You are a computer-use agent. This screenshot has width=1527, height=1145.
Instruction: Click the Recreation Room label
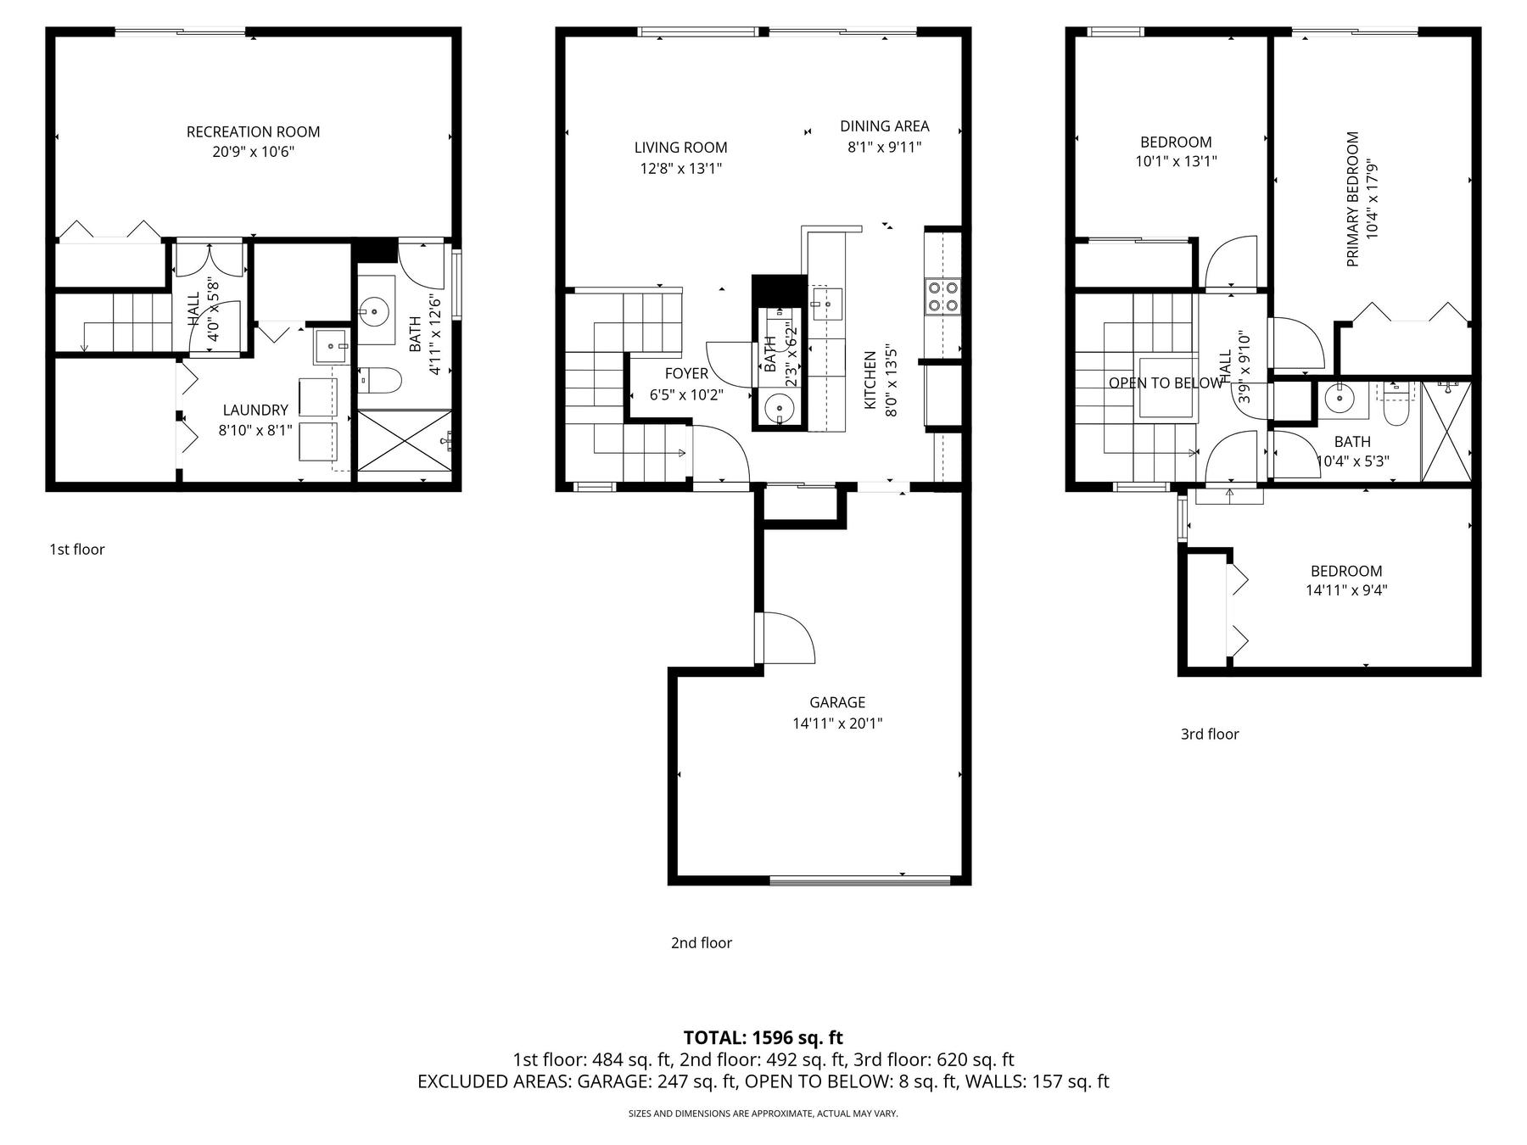pyautogui.click(x=253, y=131)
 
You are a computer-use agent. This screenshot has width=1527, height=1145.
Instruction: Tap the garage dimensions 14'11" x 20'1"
pyautogui.click(x=837, y=723)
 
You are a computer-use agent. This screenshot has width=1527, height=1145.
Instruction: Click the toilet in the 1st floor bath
pyautogui.click(x=379, y=380)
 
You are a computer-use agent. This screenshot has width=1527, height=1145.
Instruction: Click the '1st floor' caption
pyautogui.click(x=77, y=550)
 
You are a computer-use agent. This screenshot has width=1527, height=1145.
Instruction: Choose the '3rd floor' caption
pyautogui.click(x=1210, y=734)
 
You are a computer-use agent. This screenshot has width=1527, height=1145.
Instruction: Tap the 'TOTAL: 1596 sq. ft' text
pyautogui.click(x=763, y=1037)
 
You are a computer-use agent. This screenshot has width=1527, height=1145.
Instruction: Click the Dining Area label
pyautogui.click(x=885, y=126)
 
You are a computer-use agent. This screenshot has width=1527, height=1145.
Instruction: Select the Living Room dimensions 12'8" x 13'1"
pyautogui.click(x=680, y=169)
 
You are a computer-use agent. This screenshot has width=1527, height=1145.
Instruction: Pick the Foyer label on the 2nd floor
pyautogui.click(x=686, y=374)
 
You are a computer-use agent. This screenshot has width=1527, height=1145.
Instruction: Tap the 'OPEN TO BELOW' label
pyautogui.click(x=1166, y=383)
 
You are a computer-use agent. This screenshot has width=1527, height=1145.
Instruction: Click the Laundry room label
pyautogui.click(x=255, y=411)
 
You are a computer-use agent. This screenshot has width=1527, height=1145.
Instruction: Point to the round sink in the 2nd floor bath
pyautogui.click(x=778, y=409)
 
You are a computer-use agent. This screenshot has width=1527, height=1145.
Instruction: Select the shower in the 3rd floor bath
pyautogui.click(x=1446, y=432)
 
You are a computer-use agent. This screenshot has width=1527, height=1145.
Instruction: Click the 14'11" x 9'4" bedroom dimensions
pyautogui.click(x=1346, y=590)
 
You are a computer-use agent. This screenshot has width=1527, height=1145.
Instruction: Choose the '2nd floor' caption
pyautogui.click(x=702, y=943)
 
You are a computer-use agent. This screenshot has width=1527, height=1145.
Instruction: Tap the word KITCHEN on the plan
pyautogui.click(x=870, y=381)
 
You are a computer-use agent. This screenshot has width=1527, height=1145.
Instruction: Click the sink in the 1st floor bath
pyautogui.click(x=373, y=311)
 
